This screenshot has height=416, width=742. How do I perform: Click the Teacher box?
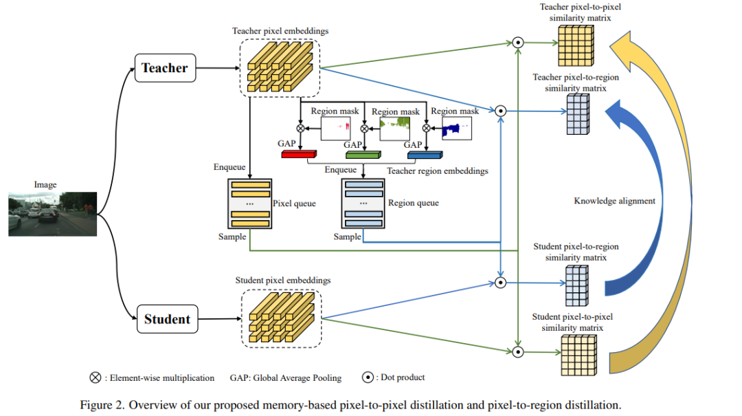[164, 68]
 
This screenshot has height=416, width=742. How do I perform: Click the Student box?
[167, 319]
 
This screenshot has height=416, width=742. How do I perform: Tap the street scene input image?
[52, 213]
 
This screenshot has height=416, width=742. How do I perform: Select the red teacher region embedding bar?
[298, 154]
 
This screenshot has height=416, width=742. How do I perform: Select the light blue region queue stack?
[363, 204]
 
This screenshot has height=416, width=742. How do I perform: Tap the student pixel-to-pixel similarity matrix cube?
[577, 353]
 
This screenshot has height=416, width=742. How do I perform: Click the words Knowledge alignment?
[614, 201]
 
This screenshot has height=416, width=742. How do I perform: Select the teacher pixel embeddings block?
[280, 66]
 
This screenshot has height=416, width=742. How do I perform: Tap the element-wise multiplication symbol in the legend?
[95, 377]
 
